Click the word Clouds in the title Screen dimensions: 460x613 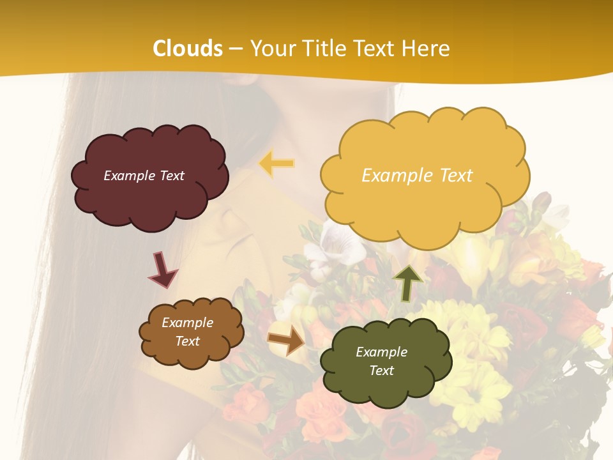pos(188,49)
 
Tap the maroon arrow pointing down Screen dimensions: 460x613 pos(162,269)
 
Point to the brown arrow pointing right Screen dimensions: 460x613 pos(287,340)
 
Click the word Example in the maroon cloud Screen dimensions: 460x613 pos(130,176)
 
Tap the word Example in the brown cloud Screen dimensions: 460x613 pos(187,323)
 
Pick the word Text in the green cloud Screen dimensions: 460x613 pos(381,371)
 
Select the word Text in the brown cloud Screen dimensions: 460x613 pos(187,341)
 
